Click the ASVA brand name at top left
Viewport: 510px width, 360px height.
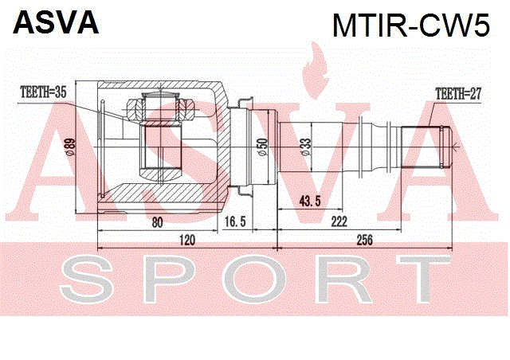(x=56, y=23)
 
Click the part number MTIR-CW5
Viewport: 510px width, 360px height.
(x=411, y=25)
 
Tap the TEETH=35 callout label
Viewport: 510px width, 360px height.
(x=43, y=92)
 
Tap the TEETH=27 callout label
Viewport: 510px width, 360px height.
(x=458, y=94)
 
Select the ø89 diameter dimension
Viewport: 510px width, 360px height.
(x=71, y=147)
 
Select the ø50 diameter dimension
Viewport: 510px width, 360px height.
(x=262, y=147)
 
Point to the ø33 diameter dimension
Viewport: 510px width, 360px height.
(x=306, y=147)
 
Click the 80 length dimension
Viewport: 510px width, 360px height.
(x=157, y=223)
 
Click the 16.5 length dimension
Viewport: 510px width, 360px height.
(x=235, y=221)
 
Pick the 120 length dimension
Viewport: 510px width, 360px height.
(x=187, y=240)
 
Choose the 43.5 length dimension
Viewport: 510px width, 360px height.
(x=310, y=202)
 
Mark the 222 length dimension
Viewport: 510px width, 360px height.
(x=339, y=221)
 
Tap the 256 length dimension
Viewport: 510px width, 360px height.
(x=364, y=240)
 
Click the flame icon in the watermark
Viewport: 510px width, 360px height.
(x=315, y=71)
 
